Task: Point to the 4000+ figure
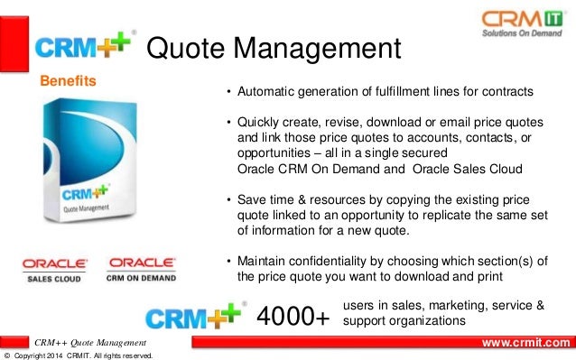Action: tap(293, 316)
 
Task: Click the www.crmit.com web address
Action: tap(526, 342)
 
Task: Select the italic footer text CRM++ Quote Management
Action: tap(89, 343)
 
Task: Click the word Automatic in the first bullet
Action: tap(265, 93)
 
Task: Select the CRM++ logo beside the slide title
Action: tap(86, 46)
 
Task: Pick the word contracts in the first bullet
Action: tap(506, 93)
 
